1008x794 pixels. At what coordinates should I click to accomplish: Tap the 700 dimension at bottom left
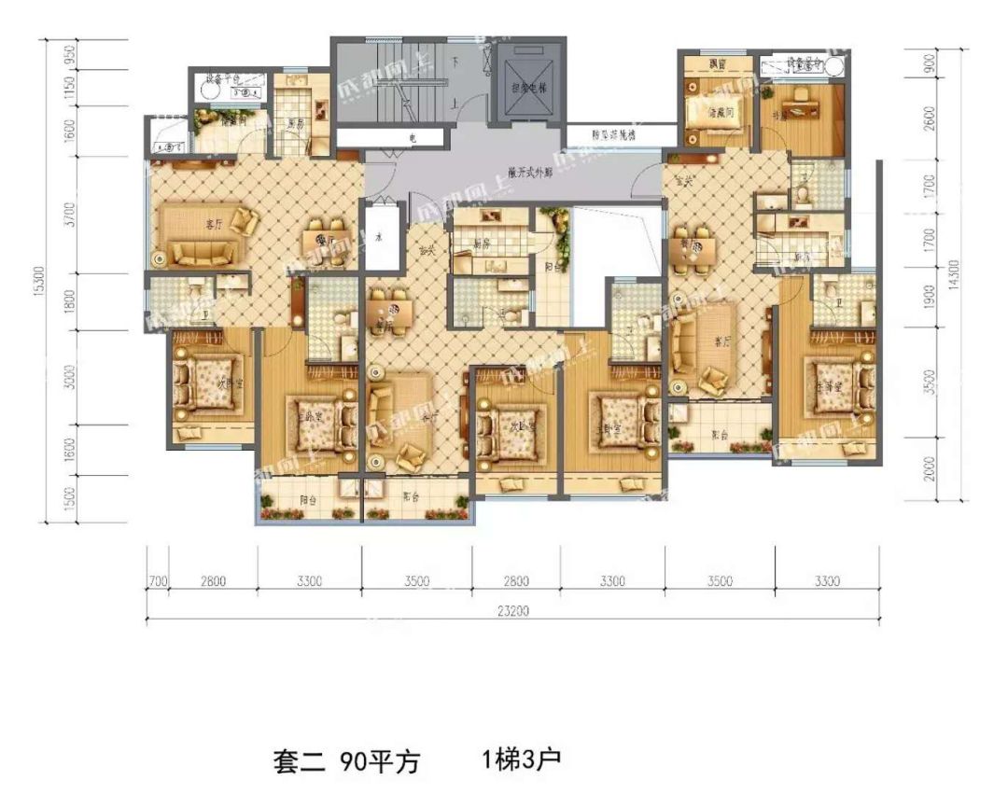coord(158,581)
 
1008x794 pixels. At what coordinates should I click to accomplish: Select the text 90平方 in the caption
coord(379,761)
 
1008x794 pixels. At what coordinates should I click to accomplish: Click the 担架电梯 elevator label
coord(528,90)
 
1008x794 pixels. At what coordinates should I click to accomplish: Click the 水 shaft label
coord(379,238)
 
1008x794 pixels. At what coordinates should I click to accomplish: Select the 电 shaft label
coord(411,138)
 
